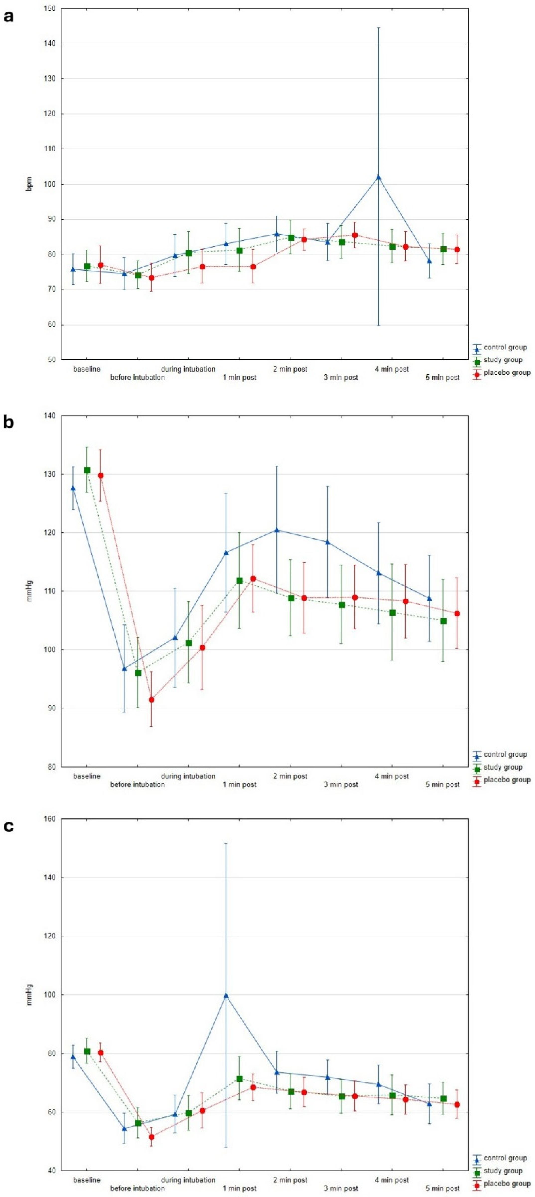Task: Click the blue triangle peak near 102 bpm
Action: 378,177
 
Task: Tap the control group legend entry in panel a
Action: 500,347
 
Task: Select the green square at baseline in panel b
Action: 87,470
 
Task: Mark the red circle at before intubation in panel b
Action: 151,700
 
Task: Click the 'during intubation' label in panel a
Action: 188,369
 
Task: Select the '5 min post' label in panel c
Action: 443,1189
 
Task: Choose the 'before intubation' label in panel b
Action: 138,785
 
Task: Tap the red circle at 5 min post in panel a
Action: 457,250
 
